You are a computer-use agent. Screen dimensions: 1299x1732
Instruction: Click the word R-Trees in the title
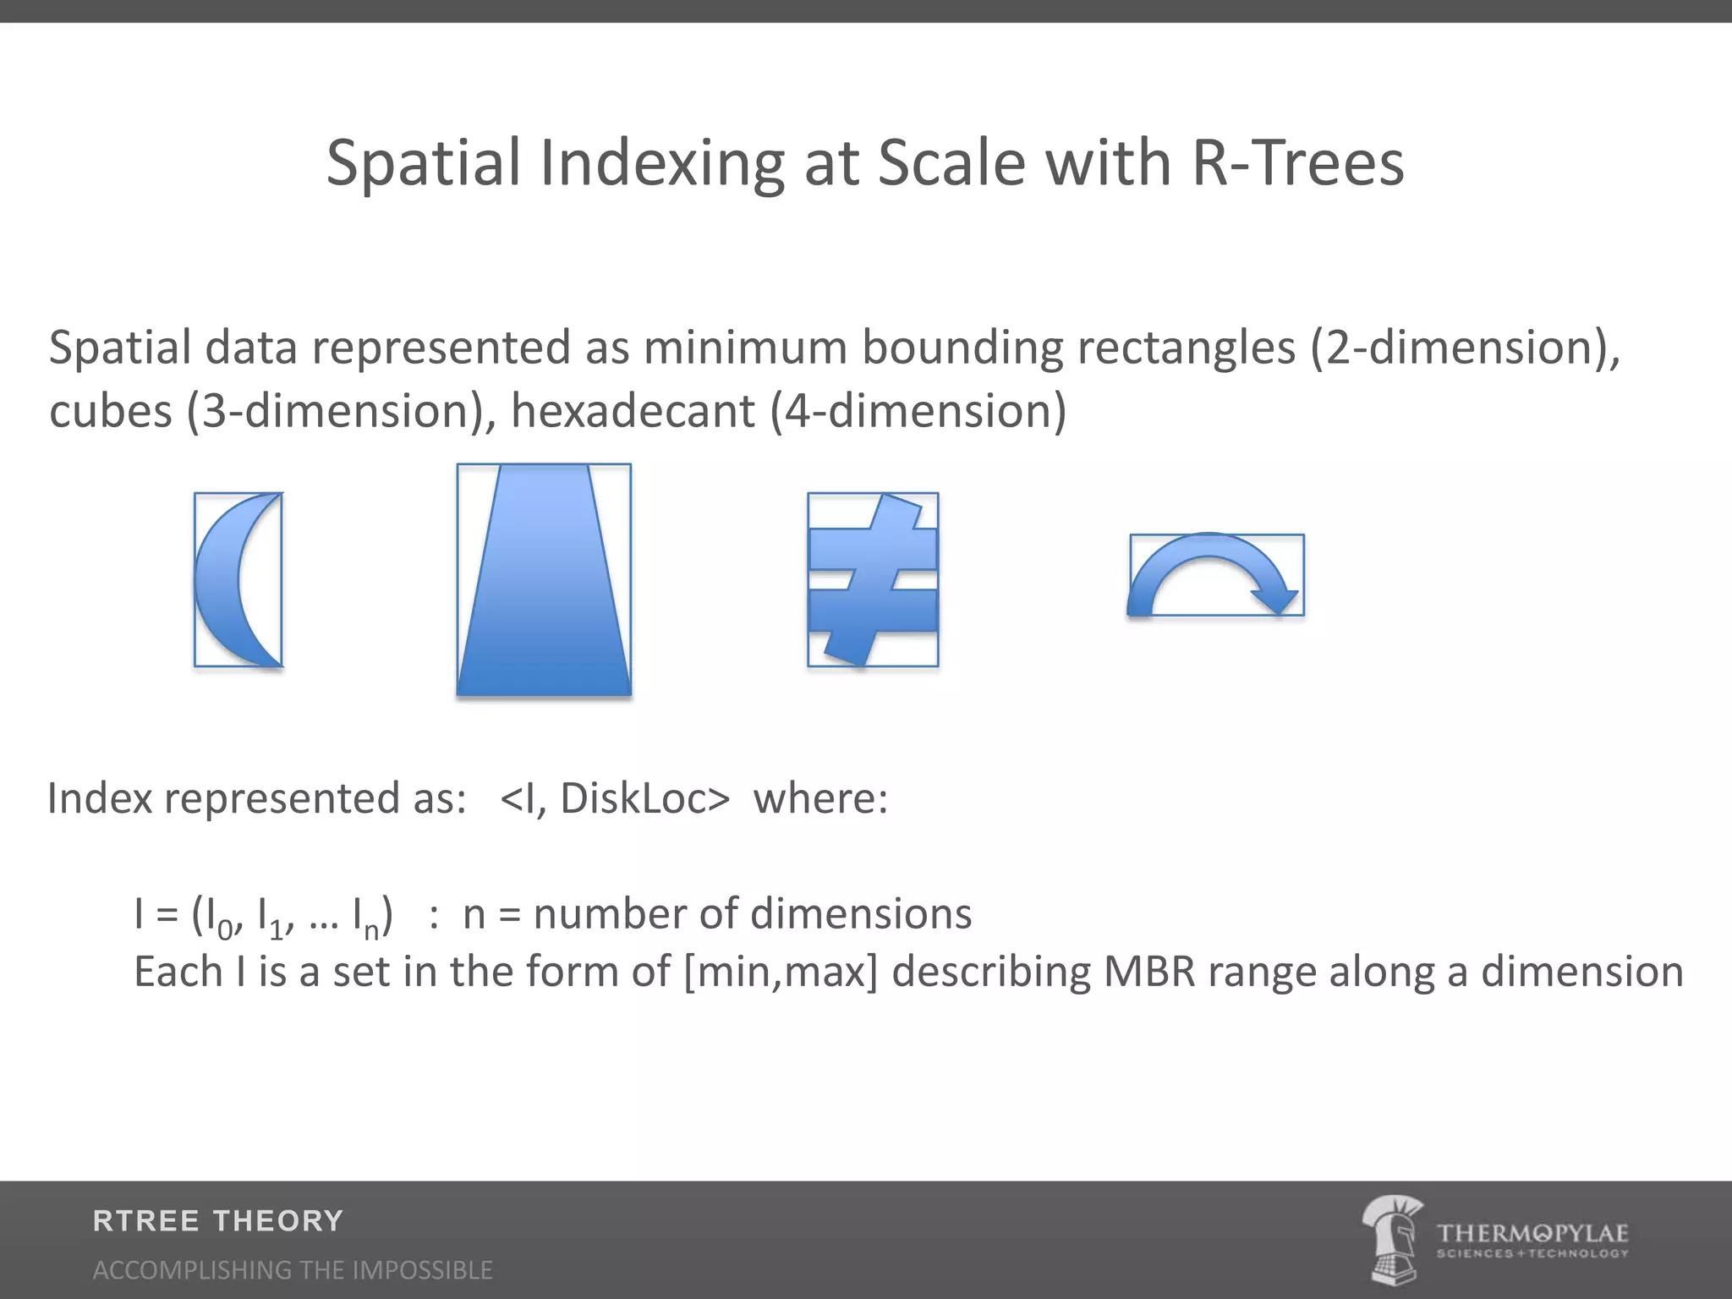(x=1297, y=162)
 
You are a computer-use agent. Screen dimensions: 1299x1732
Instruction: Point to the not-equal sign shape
(x=873, y=580)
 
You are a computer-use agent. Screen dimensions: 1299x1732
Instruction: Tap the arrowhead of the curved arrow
(x=1275, y=599)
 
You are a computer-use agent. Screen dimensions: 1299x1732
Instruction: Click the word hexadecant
(x=633, y=412)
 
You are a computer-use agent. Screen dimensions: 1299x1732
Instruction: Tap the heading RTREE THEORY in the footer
(x=218, y=1220)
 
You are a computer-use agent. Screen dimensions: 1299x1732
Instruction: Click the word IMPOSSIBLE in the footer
(x=422, y=1270)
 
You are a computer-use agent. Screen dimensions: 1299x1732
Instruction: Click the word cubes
(x=111, y=412)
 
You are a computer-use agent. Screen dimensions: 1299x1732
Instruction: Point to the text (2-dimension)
(x=1465, y=348)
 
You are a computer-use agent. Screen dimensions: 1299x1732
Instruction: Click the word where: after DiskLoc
(x=820, y=798)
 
